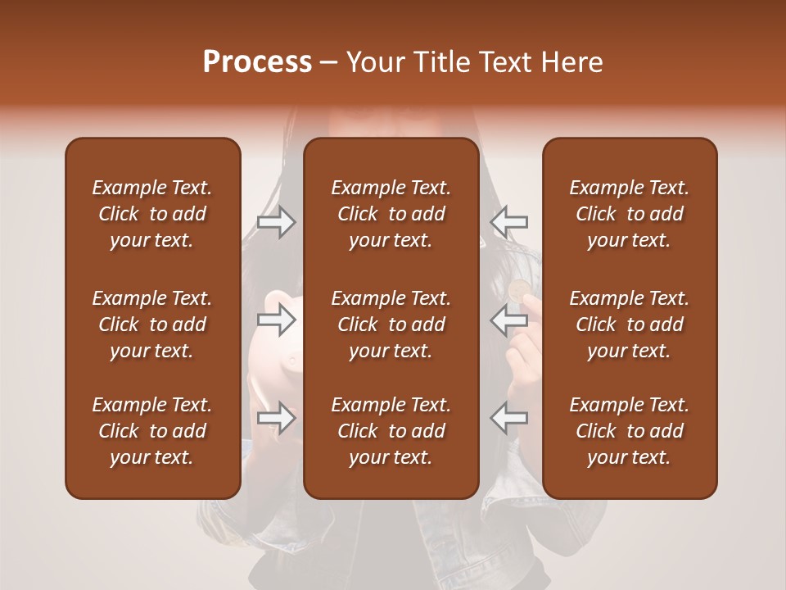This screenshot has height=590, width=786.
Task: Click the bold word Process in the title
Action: click(257, 62)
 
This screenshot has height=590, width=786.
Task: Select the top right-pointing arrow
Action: click(276, 221)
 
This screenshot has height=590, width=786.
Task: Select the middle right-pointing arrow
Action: click(276, 320)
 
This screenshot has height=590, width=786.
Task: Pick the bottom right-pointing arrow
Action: click(276, 418)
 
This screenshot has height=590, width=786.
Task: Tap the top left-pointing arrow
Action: click(509, 221)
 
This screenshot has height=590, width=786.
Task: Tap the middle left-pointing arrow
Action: click(509, 320)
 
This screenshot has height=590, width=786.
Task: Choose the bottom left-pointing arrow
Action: click(509, 418)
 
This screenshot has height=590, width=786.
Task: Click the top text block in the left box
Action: click(152, 214)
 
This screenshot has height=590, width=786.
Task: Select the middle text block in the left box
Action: click(152, 324)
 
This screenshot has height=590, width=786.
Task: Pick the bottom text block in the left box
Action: click(152, 431)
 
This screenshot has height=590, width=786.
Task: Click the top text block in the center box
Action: click(391, 214)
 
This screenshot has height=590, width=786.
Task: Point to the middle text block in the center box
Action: click(391, 324)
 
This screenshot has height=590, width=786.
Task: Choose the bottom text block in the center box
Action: click(391, 431)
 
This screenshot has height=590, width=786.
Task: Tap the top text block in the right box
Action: click(629, 214)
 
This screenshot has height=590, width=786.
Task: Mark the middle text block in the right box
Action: click(629, 324)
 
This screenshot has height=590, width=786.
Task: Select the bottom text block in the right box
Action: click(629, 431)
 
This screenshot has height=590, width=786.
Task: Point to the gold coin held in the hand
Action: click(518, 289)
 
